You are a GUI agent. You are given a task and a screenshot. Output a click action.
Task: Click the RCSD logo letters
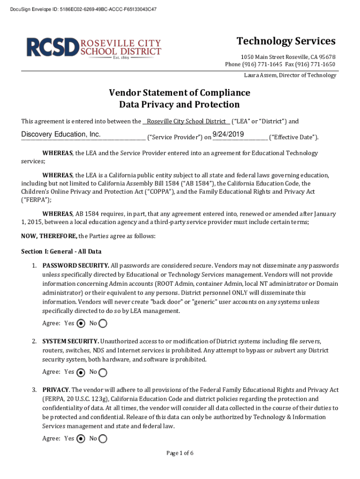pos(53,47)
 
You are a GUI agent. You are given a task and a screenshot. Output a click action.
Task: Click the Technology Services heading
pos(286,41)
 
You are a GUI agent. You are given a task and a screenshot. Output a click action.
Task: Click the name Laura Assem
pos(262,75)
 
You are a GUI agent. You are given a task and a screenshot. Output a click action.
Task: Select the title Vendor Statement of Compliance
pos(180,93)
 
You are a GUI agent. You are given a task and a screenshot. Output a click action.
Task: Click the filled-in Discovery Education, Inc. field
pos(61,135)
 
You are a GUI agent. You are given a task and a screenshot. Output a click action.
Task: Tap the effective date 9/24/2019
pos(228,135)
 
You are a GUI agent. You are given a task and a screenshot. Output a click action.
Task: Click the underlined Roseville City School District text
pos(186,122)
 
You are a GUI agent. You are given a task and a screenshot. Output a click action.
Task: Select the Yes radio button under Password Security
pos(81,323)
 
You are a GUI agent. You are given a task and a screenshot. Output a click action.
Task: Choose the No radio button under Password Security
pos(103,323)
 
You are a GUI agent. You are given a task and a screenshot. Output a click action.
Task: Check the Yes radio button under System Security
pos(81,372)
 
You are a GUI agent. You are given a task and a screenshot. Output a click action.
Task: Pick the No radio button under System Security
pos(103,372)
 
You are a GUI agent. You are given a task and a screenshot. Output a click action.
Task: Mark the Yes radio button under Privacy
pos(81,439)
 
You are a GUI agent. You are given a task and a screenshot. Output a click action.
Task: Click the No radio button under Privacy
pos(103,439)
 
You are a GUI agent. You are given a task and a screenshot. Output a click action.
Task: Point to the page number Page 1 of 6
pos(180,453)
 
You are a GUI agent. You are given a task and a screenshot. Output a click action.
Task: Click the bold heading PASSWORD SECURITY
pos(76,266)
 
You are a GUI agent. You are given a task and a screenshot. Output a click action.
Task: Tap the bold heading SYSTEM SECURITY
pos(70,341)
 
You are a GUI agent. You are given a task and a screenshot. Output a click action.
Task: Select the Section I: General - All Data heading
pos(61,252)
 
